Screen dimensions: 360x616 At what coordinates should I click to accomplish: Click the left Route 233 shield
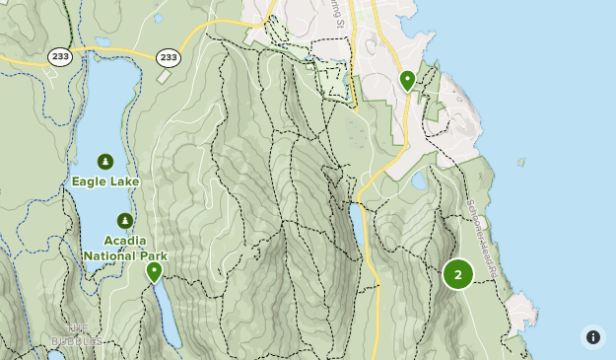click(60, 58)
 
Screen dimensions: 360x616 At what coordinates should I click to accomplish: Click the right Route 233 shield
click(169, 58)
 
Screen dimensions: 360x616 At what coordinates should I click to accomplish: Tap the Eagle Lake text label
click(105, 181)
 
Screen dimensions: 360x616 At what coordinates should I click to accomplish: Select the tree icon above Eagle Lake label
click(105, 162)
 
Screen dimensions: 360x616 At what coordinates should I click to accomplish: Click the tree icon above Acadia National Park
click(124, 221)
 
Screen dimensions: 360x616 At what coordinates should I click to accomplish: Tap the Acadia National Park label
click(124, 249)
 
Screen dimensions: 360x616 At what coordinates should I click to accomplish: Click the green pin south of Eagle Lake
click(154, 271)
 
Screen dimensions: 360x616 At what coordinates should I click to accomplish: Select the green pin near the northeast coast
click(407, 80)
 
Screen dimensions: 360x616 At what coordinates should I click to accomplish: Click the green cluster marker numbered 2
click(457, 274)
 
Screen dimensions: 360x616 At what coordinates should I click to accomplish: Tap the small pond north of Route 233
click(103, 42)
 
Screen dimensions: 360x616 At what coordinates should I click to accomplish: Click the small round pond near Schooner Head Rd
click(421, 181)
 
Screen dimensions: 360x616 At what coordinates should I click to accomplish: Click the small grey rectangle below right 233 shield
click(164, 77)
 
